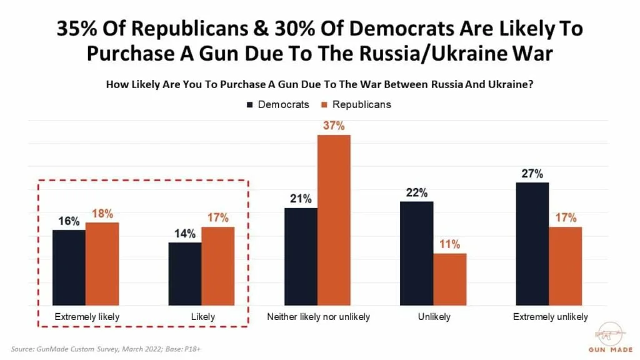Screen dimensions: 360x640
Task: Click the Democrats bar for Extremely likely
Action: point(69,267)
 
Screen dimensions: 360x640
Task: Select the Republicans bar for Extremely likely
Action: point(102,264)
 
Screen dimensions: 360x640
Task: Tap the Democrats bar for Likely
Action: point(185,274)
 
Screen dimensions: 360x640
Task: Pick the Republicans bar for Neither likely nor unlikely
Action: point(334,220)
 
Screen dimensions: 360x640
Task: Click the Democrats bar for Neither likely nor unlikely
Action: point(301,256)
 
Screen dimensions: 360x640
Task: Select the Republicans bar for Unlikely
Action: point(450,279)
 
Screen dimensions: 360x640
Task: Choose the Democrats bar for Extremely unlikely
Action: point(532,244)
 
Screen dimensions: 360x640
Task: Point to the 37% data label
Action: point(334,126)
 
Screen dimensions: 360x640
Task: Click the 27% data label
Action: point(532,174)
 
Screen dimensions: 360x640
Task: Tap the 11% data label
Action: point(450,244)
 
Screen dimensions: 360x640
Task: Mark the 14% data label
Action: point(185,234)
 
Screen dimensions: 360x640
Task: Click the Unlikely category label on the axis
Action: point(434,317)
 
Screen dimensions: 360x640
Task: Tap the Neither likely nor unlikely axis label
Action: point(318,317)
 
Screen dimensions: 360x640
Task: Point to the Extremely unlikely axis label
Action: point(550,317)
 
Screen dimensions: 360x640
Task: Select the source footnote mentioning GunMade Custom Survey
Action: point(106,348)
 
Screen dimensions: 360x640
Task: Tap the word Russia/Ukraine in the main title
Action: point(437,53)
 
